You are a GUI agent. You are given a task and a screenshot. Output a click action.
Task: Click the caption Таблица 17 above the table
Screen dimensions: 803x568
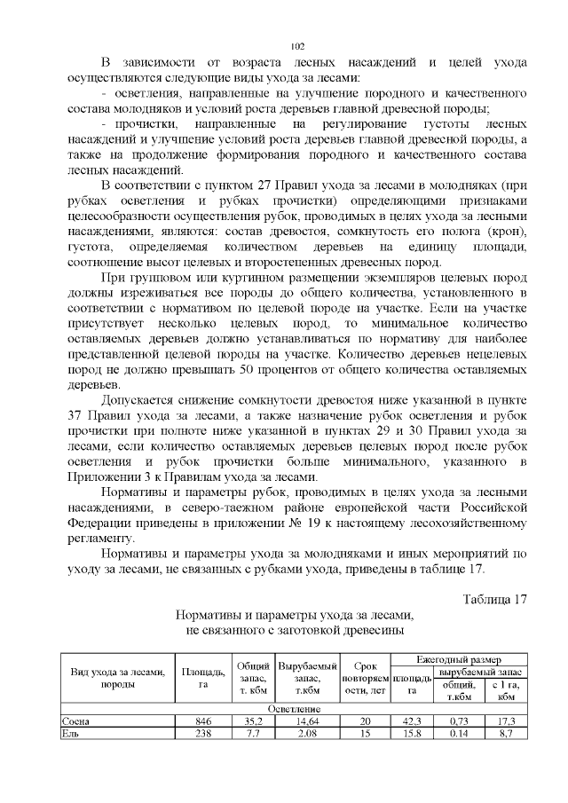point(495,598)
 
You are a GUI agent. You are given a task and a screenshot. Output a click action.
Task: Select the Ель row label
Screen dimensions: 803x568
point(67,735)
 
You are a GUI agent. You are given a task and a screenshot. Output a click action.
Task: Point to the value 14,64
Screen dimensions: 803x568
point(307,722)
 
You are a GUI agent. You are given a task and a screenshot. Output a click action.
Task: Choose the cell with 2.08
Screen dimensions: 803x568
point(307,735)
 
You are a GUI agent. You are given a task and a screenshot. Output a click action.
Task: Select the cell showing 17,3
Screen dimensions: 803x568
point(507,722)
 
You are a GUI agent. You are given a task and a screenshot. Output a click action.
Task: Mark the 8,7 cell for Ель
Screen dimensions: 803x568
point(507,735)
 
